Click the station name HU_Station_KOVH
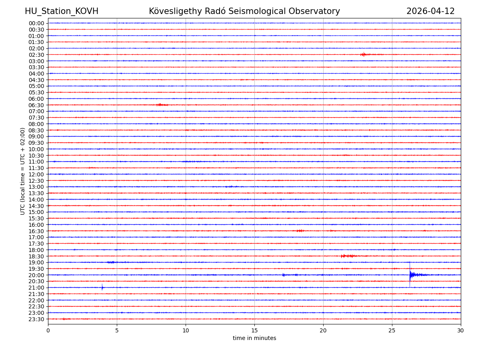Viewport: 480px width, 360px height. (x=62, y=11)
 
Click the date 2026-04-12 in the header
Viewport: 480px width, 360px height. (x=430, y=11)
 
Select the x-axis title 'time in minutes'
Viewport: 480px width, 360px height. (x=254, y=338)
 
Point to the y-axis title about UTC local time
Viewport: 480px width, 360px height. (x=23, y=171)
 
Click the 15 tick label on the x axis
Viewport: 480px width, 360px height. (x=254, y=330)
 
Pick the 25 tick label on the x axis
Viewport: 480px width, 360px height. (x=392, y=330)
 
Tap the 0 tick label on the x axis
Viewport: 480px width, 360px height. (x=48, y=330)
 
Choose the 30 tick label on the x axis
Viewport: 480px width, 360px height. (x=461, y=330)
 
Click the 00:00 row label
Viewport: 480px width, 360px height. (x=36, y=23)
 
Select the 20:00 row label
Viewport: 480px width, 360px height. (x=36, y=275)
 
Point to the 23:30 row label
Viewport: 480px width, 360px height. (x=36, y=319)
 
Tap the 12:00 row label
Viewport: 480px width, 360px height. (x=36, y=174)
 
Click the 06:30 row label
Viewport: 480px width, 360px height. (x=36, y=105)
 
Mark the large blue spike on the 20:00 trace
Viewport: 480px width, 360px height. (x=410, y=274)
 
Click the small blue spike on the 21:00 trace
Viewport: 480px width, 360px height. (x=102, y=287)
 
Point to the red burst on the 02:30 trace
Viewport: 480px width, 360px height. (x=363, y=54)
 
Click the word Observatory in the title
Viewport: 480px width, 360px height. (x=318, y=11)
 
